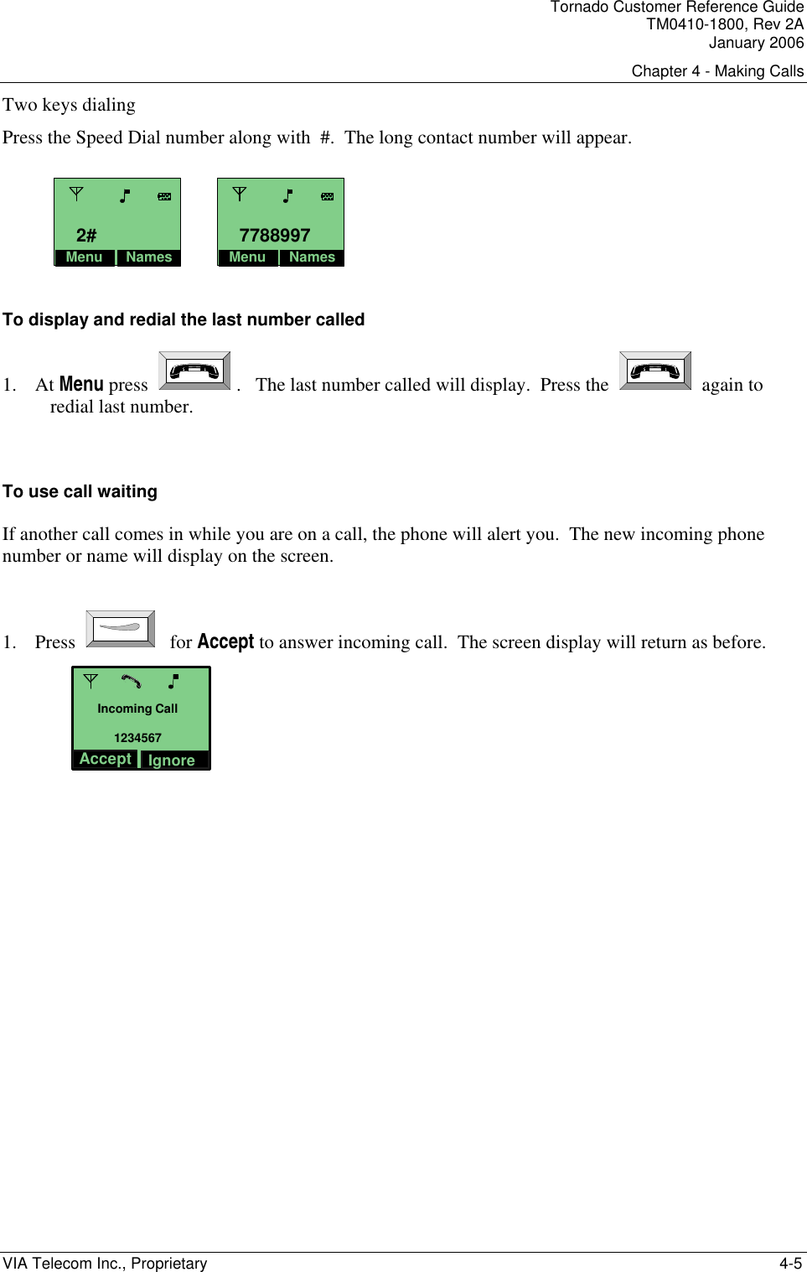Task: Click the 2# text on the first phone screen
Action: click(x=86, y=236)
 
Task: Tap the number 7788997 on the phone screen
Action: click(x=275, y=236)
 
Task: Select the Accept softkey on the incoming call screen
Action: click(x=106, y=759)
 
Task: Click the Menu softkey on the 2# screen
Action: click(x=84, y=257)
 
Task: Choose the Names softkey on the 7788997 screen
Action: click(x=312, y=257)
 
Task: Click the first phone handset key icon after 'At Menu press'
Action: click(x=194, y=371)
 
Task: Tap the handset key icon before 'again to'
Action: click(x=655, y=371)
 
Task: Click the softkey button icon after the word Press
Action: click(x=121, y=628)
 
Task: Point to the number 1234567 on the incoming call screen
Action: click(x=137, y=738)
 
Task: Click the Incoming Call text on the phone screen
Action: click(x=137, y=709)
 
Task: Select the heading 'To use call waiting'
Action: click(x=80, y=491)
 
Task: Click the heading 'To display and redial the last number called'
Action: click(x=184, y=319)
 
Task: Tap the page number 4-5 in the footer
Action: click(x=790, y=1264)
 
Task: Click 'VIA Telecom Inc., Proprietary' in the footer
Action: click(x=105, y=1264)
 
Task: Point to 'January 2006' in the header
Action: click(x=756, y=43)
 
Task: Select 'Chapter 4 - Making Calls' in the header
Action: click(x=717, y=71)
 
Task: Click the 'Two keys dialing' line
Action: click(x=69, y=105)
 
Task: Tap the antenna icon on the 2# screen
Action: click(x=76, y=194)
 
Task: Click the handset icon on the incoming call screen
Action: click(x=132, y=681)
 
